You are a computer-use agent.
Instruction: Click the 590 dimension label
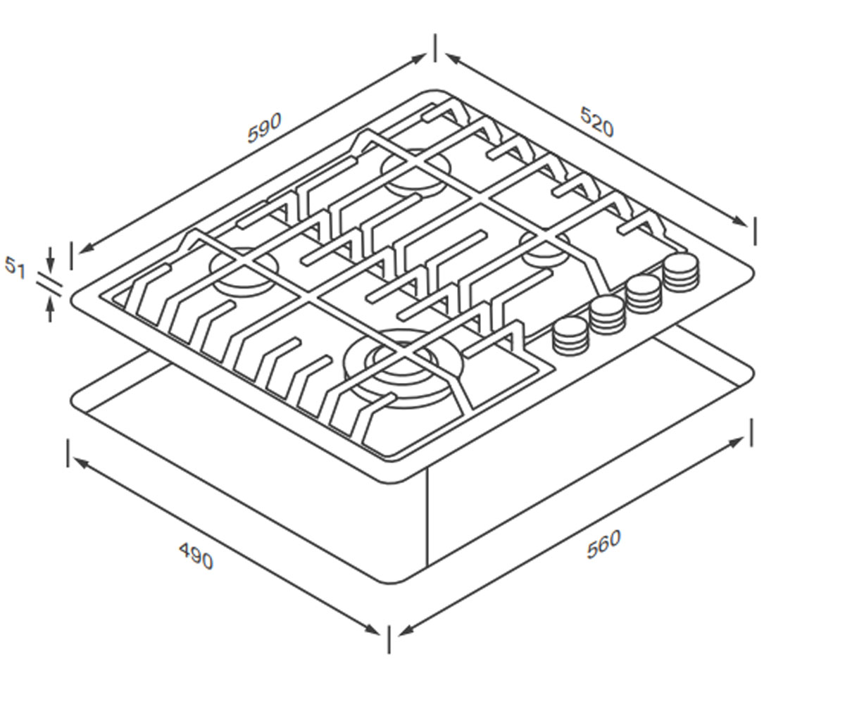tap(264, 128)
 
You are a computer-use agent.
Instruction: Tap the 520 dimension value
tap(597, 121)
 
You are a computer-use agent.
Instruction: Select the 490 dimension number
tap(196, 556)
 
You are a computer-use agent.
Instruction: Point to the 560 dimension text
tap(603, 544)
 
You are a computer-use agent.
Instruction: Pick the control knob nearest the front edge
tap(570, 335)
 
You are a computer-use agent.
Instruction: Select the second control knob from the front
tap(606, 315)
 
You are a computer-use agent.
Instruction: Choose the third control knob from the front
tap(644, 294)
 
